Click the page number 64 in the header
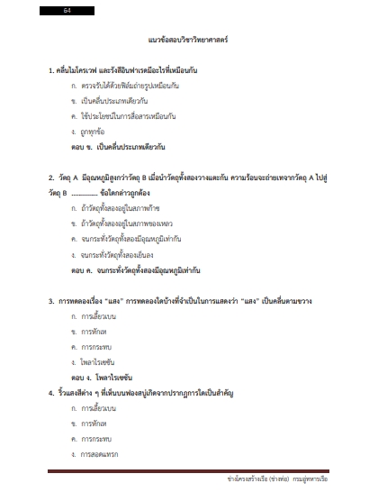pos(67,11)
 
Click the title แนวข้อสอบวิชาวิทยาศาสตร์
pos(184,41)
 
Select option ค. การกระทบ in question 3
pos(94,346)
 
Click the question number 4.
pos(52,392)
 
